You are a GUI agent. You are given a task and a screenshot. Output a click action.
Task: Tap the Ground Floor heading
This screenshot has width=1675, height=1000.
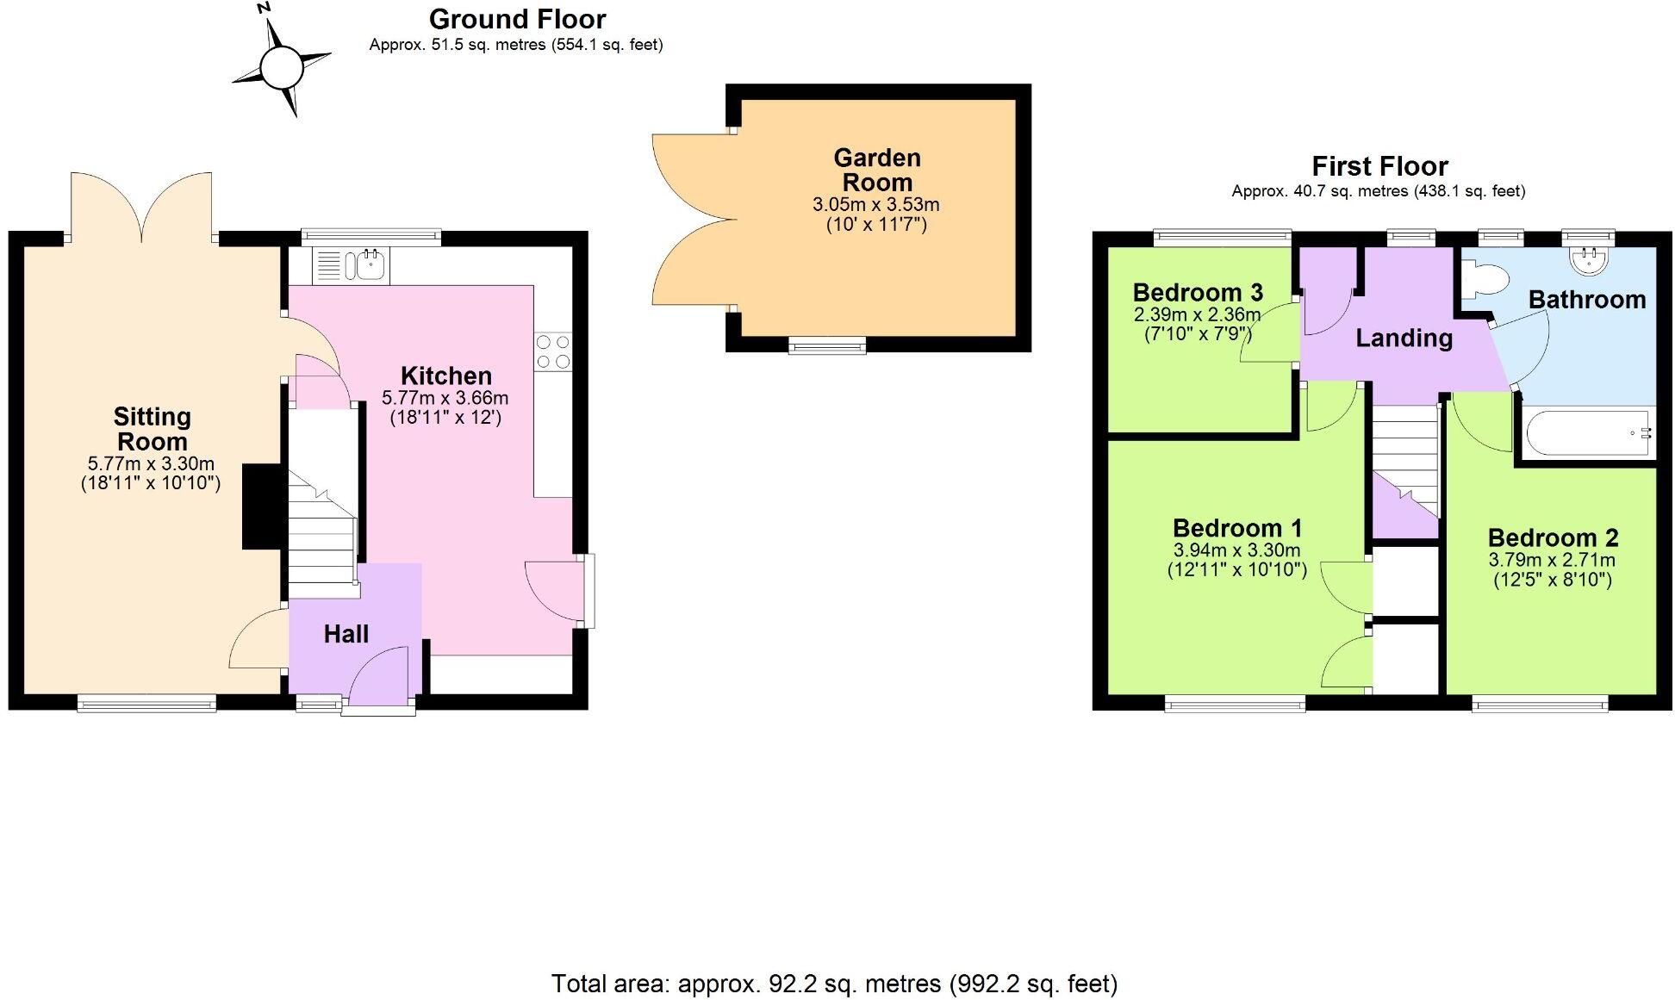517,19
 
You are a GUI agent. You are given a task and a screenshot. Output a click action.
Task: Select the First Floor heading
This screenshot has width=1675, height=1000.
1379,165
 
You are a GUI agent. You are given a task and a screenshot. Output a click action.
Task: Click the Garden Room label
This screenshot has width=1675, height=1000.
877,170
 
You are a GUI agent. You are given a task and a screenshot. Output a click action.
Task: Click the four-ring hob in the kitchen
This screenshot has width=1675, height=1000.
552,351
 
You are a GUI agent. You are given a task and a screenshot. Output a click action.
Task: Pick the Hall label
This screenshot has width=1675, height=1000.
346,634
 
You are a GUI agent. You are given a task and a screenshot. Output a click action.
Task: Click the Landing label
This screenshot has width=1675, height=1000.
1404,338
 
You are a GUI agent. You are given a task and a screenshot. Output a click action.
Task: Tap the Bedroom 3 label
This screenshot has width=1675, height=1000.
1198,293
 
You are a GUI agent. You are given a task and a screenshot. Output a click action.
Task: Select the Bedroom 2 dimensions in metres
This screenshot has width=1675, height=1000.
1552,560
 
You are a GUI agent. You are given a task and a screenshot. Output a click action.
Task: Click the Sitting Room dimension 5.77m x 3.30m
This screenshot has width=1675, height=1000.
151,463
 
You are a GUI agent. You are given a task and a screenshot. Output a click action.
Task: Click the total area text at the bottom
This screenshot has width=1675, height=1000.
834,983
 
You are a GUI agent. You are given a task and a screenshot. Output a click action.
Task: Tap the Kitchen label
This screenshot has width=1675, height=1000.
445,376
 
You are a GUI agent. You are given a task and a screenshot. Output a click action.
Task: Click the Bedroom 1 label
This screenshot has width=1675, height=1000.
1236,528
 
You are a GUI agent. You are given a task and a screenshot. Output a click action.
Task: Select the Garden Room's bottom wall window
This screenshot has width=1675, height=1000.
827,345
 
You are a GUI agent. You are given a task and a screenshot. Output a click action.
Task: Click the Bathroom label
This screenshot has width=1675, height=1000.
1586,300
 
